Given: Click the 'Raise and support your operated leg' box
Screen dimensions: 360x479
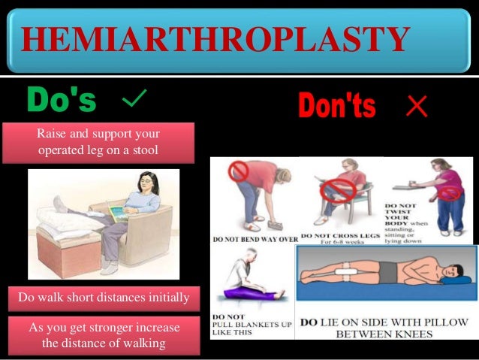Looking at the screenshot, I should click(x=98, y=142).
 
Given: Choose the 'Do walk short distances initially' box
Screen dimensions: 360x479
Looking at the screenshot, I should click(x=104, y=297).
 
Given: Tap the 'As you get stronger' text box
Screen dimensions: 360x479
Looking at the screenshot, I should click(x=104, y=335).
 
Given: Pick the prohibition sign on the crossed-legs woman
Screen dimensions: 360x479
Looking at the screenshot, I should click(x=337, y=192).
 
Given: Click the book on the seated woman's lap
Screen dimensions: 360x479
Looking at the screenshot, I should click(x=120, y=213).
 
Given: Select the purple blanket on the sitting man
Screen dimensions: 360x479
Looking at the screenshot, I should click(x=250, y=289).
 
